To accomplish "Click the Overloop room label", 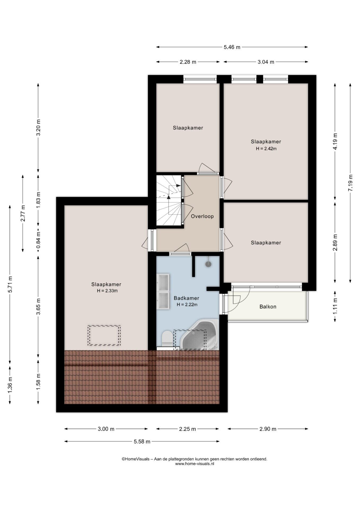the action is (202, 216).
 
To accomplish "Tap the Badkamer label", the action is (186, 298).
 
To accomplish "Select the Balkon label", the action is (268, 307).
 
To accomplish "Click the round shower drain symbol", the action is (209, 264).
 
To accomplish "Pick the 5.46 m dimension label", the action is (232, 47).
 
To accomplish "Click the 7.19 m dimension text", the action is (350, 183).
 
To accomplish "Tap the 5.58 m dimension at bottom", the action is (142, 442).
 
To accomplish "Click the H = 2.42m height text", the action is (266, 149).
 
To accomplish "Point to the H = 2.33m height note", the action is (107, 291).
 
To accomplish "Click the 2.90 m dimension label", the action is (268, 429).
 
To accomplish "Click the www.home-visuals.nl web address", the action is (195, 464).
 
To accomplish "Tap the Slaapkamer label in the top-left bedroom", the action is (188, 128).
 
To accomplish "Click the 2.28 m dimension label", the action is (188, 62).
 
